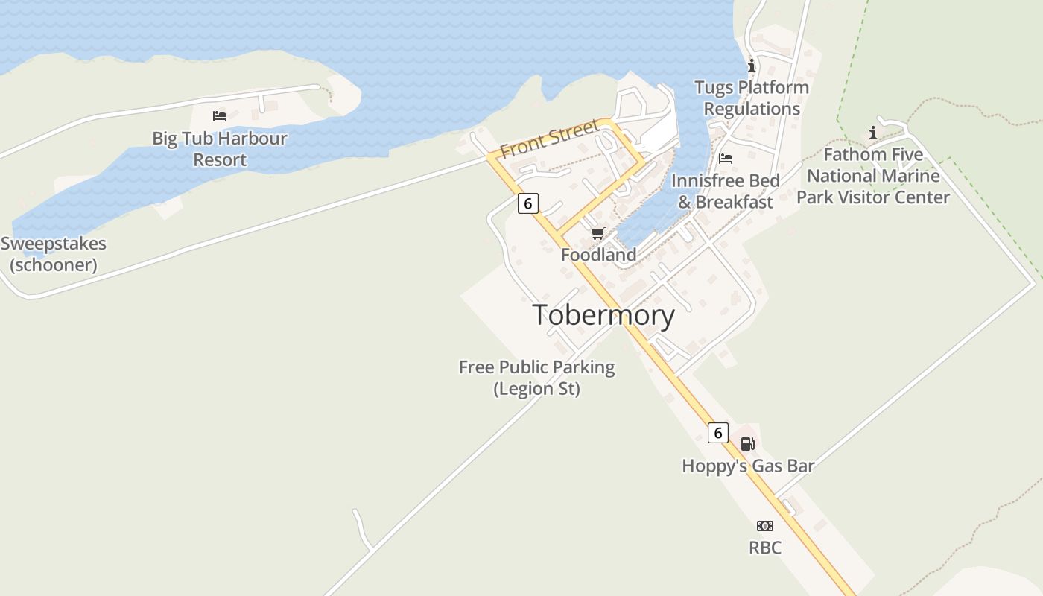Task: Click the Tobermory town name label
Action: (x=603, y=315)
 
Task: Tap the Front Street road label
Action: (x=550, y=139)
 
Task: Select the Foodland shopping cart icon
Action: (x=597, y=234)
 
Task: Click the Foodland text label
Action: (x=599, y=255)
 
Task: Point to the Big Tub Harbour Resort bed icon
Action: (x=219, y=116)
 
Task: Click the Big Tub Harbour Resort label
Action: (x=220, y=149)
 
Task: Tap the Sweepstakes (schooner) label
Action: (x=54, y=254)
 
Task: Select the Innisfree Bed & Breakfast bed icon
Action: (x=726, y=159)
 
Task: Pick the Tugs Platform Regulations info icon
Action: (x=751, y=66)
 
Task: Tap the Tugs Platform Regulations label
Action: (x=752, y=98)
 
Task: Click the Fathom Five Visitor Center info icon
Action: (x=873, y=133)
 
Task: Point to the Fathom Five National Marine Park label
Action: (x=873, y=177)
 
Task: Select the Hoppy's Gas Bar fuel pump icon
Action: (x=747, y=444)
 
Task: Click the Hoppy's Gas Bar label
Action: (x=748, y=466)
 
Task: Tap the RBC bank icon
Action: (x=765, y=526)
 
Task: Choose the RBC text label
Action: (x=765, y=548)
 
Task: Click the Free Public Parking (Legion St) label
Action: (x=536, y=378)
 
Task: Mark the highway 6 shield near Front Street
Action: (x=527, y=203)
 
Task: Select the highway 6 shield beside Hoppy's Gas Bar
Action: (x=717, y=432)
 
